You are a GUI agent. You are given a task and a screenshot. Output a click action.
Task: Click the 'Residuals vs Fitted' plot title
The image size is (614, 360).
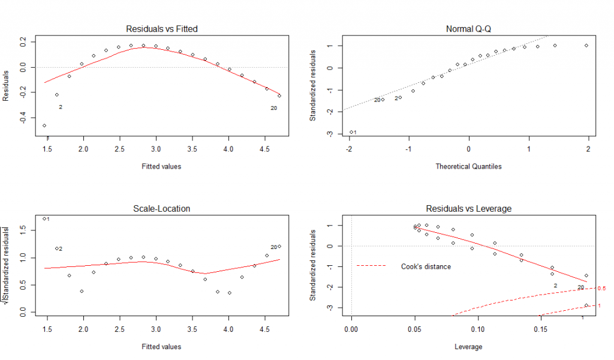click(161, 29)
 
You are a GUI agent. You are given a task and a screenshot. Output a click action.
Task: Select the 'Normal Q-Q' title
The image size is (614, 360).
click(468, 29)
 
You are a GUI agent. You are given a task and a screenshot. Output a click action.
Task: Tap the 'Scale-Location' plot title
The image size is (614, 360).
click(161, 209)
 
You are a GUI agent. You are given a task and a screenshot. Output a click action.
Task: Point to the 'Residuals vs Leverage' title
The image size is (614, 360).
click(468, 209)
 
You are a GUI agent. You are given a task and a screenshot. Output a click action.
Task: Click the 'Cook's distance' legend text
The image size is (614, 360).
click(426, 266)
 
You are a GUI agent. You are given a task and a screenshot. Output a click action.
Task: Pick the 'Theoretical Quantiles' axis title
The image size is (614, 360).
click(468, 166)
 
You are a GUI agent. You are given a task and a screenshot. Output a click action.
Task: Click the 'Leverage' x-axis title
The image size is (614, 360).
click(468, 346)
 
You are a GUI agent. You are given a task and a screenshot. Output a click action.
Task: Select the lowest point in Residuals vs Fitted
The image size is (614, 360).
click(44, 125)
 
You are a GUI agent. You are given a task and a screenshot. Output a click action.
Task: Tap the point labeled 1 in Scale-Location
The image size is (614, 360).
click(44, 218)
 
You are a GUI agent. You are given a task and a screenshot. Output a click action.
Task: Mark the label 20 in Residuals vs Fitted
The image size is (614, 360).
click(273, 109)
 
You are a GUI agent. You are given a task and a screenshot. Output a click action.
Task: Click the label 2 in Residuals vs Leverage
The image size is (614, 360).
click(555, 286)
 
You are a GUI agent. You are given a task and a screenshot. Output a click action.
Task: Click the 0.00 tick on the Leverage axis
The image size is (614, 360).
click(351, 329)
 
